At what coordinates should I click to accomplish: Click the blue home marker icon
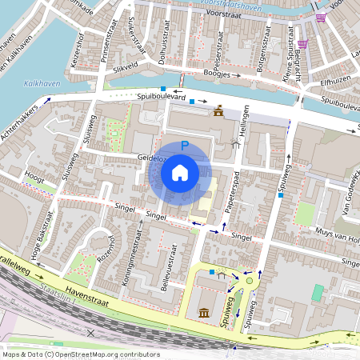pyautogui.click(x=180, y=172)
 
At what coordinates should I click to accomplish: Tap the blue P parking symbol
pyautogui.click(x=185, y=146)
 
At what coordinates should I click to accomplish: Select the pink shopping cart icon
pyautogui.click(x=321, y=18)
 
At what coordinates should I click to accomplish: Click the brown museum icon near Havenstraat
pyautogui.click(x=204, y=311)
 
